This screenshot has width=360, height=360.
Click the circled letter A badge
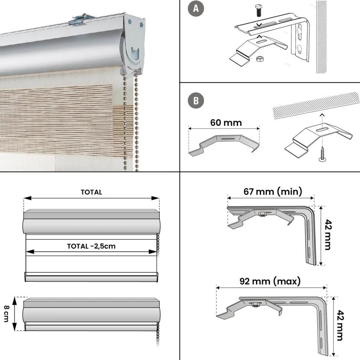[196, 9]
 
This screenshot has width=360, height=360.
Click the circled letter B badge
[196, 101]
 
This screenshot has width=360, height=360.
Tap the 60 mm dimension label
[226, 122]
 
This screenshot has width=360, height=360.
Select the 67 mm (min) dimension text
[273, 191]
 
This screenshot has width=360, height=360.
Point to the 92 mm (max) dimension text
[270, 281]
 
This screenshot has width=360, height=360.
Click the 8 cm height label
[6, 314]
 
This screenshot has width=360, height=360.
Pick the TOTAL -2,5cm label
[91, 246]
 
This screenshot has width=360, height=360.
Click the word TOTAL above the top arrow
[91, 192]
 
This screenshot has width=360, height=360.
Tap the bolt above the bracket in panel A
[259, 10]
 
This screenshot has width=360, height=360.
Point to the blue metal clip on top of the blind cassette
[82, 19]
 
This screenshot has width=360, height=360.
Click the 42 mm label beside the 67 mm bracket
[328, 235]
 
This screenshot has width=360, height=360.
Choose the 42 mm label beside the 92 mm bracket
[340, 325]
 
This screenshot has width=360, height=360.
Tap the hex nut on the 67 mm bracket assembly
[262, 214]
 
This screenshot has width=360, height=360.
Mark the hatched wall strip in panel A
[321, 37]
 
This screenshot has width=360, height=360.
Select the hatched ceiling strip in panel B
[316, 105]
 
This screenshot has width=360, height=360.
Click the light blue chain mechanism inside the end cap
[135, 53]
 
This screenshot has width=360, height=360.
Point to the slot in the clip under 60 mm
[228, 139]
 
